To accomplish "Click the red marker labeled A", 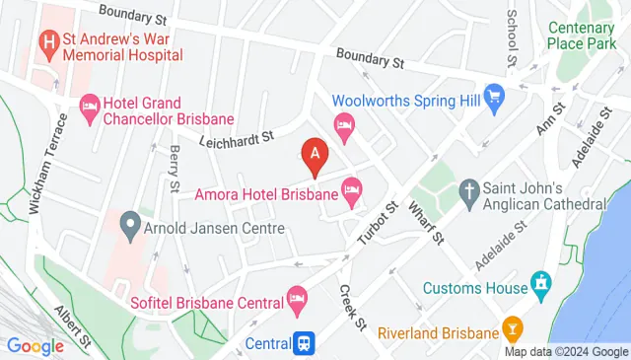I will point(315,156).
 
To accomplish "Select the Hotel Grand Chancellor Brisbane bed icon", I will point(90,104).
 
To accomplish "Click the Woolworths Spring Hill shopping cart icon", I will point(494,99).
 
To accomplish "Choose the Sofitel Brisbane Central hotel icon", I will point(297,297).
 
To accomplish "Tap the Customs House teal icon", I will point(539,287).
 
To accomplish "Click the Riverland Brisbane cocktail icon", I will point(512,325).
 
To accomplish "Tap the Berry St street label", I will point(174,167).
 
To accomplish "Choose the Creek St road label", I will point(352,307).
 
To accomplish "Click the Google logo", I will point(35,345).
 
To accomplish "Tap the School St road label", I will point(512,37).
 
